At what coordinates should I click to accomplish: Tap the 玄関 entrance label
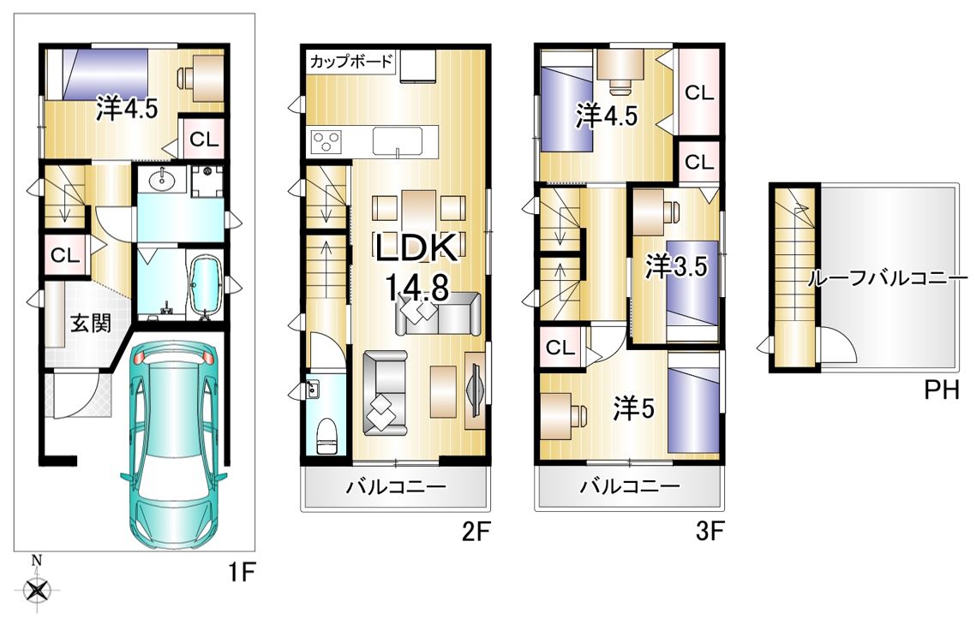click(90, 323)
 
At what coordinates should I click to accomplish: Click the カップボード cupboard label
click(351, 62)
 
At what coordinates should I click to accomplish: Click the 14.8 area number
click(417, 288)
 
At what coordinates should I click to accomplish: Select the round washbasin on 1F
click(164, 179)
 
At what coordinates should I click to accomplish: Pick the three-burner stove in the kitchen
click(326, 140)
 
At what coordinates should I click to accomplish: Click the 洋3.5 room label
click(676, 267)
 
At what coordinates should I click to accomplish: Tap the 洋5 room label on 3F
click(633, 409)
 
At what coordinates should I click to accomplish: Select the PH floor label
click(941, 390)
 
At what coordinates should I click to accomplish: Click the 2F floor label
click(476, 532)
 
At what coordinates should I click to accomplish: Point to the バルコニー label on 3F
click(630, 485)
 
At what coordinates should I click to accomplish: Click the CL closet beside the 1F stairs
click(65, 255)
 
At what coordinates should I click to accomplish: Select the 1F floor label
click(241, 571)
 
